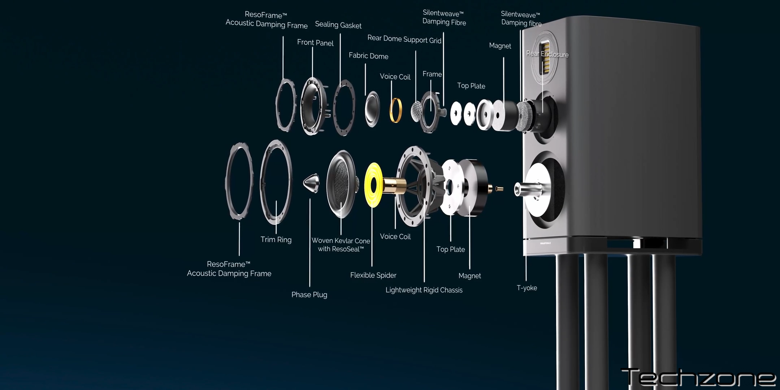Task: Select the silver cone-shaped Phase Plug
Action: [311, 183]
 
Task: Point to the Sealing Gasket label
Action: [338, 25]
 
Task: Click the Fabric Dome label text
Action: [368, 56]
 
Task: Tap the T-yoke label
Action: [527, 288]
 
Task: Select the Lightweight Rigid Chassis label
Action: [424, 290]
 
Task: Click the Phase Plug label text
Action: [309, 295]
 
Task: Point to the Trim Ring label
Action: [276, 239]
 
